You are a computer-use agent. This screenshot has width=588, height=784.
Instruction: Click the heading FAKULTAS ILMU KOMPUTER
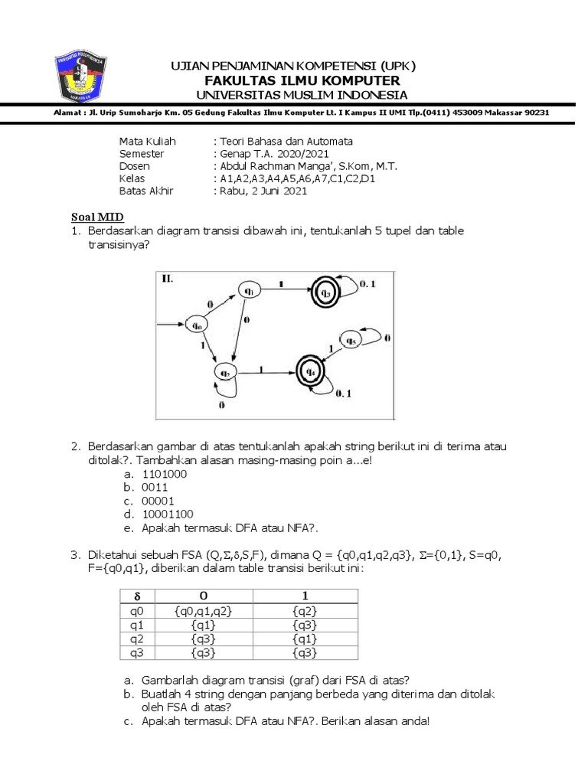[x=301, y=81]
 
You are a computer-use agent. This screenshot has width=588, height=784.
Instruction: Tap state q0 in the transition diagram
[x=197, y=325]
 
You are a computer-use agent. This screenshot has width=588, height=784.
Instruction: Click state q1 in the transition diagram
[x=249, y=289]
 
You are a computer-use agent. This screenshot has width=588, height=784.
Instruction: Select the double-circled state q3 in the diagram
[x=325, y=291]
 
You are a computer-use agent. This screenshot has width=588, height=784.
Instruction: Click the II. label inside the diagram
[x=167, y=279]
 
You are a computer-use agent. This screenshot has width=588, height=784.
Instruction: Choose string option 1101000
[x=165, y=473]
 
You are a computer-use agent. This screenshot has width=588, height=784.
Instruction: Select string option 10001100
[x=168, y=514]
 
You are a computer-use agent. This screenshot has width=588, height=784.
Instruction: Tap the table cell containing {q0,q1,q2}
[x=202, y=611]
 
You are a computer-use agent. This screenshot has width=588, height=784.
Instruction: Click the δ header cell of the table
[x=138, y=596]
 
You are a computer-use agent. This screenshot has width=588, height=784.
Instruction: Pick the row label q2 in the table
[x=138, y=639]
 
